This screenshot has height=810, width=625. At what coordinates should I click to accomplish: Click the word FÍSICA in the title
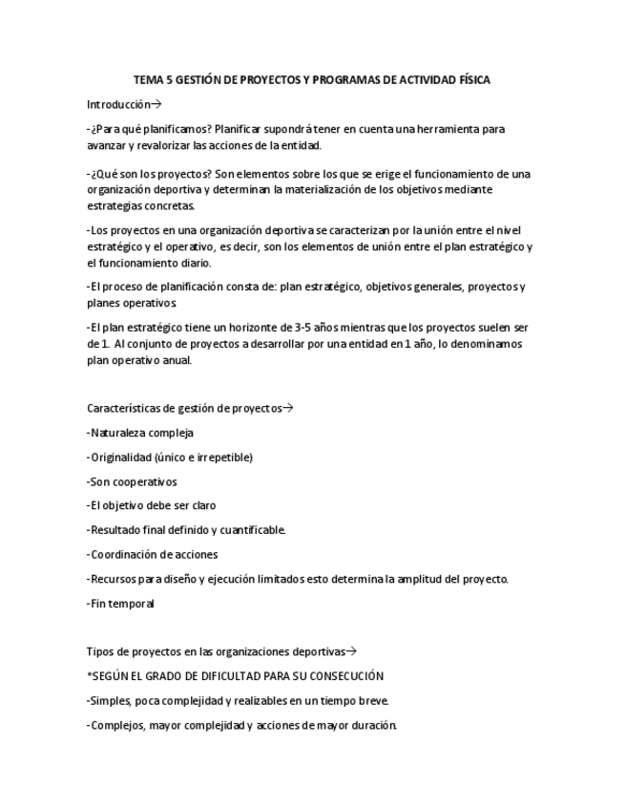click(471, 80)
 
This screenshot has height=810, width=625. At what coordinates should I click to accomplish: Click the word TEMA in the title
click(148, 80)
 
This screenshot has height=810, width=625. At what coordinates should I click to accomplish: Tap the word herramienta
click(443, 128)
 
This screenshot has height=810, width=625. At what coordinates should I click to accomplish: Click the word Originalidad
click(121, 458)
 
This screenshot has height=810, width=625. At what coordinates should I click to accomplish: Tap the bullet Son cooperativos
click(132, 481)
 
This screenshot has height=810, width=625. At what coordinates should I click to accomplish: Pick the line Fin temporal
click(120, 603)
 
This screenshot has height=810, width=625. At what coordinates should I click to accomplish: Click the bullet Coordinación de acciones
click(153, 554)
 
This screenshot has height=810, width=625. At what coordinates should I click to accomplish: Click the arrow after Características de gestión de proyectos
click(288, 409)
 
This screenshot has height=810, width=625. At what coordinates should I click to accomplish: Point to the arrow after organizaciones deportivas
click(351, 651)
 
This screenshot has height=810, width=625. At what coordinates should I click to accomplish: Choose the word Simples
click(109, 701)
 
